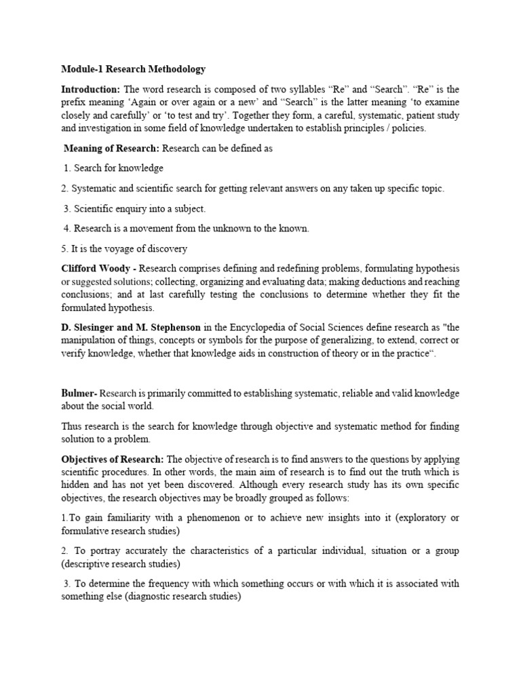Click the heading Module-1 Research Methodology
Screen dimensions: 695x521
click(133, 69)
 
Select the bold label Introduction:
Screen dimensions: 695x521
click(90, 90)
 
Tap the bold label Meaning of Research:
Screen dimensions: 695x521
click(112, 149)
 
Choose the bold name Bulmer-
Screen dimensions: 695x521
click(79, 393)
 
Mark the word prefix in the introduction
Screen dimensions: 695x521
click(75, 102)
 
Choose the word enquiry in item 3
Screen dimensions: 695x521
click(129, 208)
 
